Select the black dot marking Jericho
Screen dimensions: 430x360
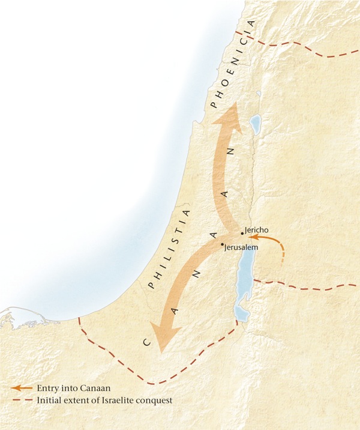pos(242,233)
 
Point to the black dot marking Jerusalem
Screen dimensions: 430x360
pos(222,244)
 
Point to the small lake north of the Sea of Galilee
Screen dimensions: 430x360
pos(258,94)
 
